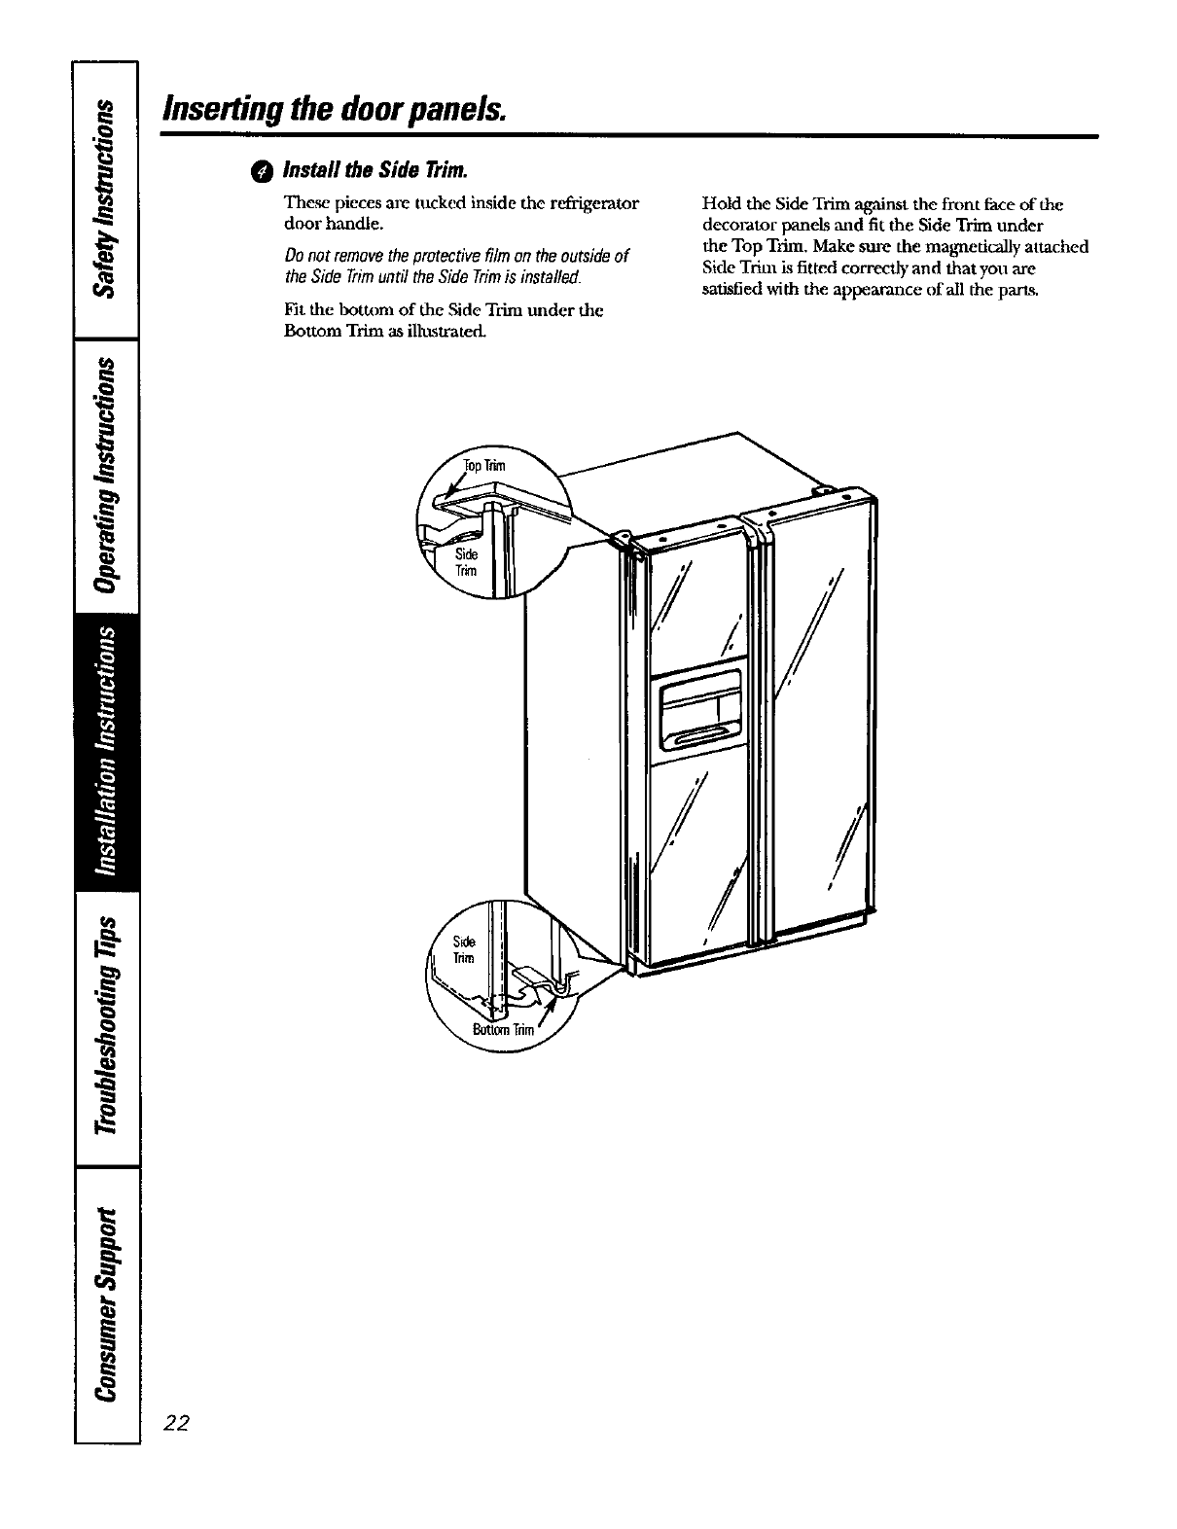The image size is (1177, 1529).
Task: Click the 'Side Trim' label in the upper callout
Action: coord(468,561)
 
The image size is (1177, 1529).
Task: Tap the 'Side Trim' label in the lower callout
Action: coord(465,949)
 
